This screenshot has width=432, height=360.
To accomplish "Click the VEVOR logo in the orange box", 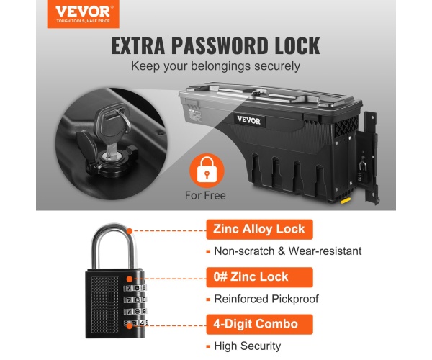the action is [x=83, y=14].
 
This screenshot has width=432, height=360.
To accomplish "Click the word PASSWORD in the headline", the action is [x=220, y=45].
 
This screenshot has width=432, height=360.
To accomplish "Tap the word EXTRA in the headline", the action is [x=138, y=45].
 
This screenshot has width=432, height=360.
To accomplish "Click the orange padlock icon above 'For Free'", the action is [x=207, y=170].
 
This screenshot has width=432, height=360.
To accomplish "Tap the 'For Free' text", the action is [x=205, y=195].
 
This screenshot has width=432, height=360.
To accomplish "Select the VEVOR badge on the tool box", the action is [x=249, y=120].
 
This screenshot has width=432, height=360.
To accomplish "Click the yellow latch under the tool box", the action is [x=346, y=201].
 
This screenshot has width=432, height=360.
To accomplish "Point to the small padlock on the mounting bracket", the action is [x=363, y=171].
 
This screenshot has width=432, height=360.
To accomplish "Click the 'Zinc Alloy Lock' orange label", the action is [x=259, y=229].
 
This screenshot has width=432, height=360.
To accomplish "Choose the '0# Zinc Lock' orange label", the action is [x=259, y=277].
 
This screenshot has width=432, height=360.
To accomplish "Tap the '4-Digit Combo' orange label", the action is [x=259, y=325].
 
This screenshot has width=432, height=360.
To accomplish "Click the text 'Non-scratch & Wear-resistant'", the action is [x=288, y=251].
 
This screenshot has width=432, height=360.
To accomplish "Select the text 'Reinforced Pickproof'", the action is [x=266, y=299].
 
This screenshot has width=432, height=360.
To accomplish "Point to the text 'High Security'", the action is [x=248, y=346].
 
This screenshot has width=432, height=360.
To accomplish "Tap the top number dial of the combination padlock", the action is [x=135, y=289].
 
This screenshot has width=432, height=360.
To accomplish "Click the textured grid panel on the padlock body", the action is [x=104, y=304].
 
